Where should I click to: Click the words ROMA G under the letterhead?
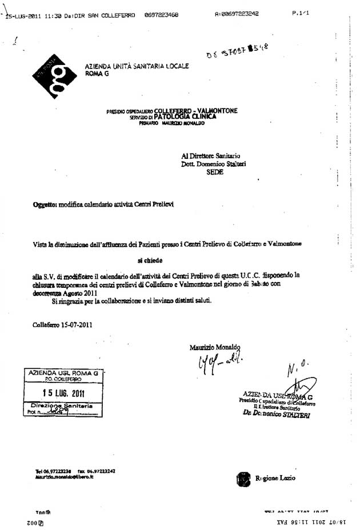(96, 73)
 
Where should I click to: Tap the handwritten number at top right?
(235, 53)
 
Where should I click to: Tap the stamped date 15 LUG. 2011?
(63, 392)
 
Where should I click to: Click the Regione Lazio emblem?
(243, 478)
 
